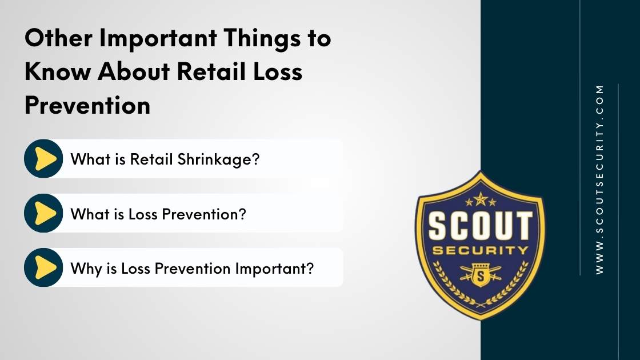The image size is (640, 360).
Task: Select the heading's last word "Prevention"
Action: [87, 106]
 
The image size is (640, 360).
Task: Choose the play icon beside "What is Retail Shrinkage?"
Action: [44, 159]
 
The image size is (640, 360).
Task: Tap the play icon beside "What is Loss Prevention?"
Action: [44, 213]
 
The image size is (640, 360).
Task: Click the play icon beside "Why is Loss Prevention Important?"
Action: [44, 267]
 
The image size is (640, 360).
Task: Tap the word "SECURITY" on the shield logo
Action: [480, 251]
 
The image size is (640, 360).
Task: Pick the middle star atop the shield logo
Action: [480, 198]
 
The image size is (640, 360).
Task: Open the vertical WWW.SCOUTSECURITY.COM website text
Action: [599, 179]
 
